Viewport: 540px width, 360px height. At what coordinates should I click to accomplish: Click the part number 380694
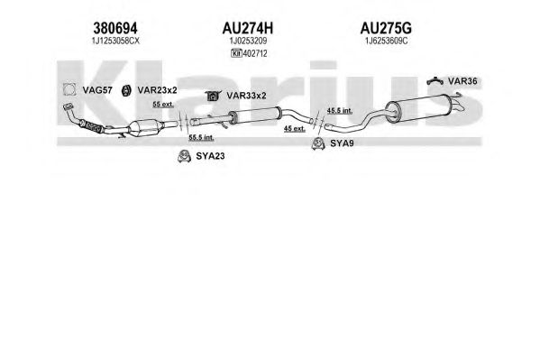coord(115,28)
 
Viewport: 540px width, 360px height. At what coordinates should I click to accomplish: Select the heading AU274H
coord(248,28)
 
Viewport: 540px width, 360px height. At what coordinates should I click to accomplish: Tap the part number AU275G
coord(386,28)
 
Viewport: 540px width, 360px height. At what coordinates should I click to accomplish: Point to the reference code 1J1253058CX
coord(115,41)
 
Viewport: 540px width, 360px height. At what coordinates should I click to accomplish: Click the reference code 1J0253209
coord(248,41)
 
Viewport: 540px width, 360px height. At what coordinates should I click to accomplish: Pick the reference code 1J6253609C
coord(386,41)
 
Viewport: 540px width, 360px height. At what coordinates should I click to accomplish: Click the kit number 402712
coord(255,53)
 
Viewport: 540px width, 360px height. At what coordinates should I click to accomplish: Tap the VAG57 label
coord(97,90)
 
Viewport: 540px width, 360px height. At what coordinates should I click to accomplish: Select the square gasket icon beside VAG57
coord(69,89)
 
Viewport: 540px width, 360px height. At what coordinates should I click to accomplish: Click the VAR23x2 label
coord(157,90)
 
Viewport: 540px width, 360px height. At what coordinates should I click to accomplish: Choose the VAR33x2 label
coord(246,96)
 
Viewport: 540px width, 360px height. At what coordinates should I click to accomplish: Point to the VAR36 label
coord(462,81)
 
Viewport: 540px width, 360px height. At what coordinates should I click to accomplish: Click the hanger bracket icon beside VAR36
coord(435,81)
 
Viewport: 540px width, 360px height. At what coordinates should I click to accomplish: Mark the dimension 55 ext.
coord(163,104)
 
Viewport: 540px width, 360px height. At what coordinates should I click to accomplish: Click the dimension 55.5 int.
coord(201,137)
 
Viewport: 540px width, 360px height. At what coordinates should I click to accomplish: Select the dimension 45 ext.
coord(295,129)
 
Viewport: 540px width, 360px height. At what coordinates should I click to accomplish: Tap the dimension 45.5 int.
coord(340,111)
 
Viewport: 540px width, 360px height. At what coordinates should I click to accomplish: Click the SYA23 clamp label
coord(210,156)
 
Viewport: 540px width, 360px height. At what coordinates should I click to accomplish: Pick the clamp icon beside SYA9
coord(318,143)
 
